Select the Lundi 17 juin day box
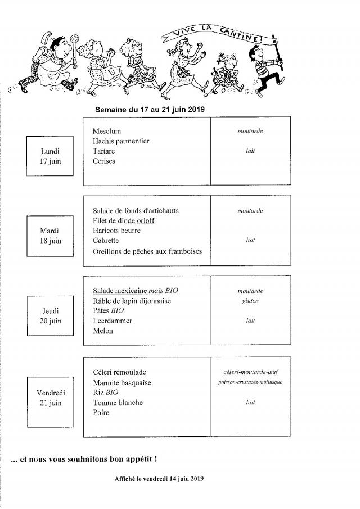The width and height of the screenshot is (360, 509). coord(50,156)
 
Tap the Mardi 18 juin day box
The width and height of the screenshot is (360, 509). coord(50,236)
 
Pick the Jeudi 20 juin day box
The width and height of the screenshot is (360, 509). coord(50,316)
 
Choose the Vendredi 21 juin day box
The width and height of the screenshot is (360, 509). coord(50,398)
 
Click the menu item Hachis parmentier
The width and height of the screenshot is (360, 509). coord(120,141)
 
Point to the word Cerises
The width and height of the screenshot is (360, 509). coord(103,161)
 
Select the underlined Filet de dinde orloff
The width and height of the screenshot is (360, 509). coord(123,220)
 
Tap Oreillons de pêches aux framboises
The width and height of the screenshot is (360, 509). coord(147,251)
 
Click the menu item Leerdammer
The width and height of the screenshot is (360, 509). coord(112,321)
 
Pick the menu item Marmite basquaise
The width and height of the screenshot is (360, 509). coord(122,382)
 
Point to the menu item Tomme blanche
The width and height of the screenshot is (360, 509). coord(118,403)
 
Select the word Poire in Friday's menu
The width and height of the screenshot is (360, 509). coord(101,413)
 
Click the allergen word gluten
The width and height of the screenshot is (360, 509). coord(250,301)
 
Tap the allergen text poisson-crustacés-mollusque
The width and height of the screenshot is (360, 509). coord(250,382)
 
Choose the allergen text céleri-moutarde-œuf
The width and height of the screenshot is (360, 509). coord(250,372)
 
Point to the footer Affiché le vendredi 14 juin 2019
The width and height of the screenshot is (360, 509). coord(157,479)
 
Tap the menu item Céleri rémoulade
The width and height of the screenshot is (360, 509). coord(119,372)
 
